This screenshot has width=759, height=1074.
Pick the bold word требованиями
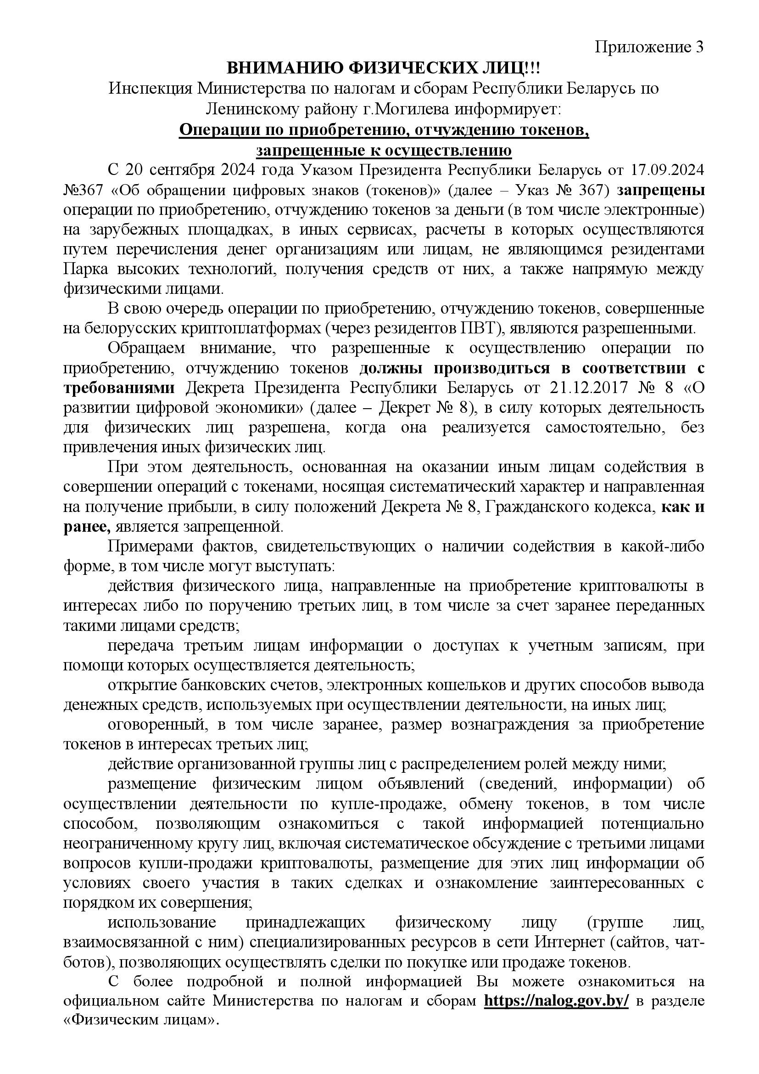[x=119, y=388]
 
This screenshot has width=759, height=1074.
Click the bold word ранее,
[x=87, y=527]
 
